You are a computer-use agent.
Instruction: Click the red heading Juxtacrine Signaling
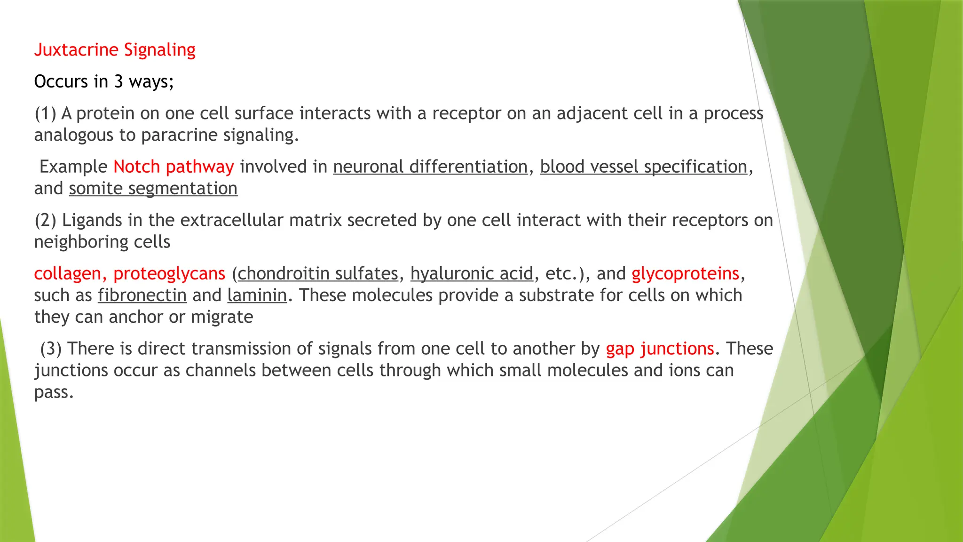[x=115, y=50]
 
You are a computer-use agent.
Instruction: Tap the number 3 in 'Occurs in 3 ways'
[x=118, y=82]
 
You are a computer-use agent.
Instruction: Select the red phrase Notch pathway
[x=174, y=167]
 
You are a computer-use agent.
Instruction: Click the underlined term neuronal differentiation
[x=430, y=167]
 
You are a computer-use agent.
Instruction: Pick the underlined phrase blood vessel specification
[x=643, y=167]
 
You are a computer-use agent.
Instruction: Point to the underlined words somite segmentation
[x=153, y=189]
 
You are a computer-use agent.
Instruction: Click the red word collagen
[x=67, y=274]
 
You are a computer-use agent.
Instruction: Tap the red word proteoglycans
[x=169, y=274]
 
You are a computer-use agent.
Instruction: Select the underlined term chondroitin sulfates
[x=318, y=274]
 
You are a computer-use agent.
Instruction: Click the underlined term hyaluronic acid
[x=472, y=274]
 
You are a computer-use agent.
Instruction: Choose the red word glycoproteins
[x=685, y=274]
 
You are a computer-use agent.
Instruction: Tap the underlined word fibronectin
[x=142, y=295]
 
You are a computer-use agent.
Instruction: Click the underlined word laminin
[x=257, y=295]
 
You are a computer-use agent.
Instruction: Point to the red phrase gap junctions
[x=660, y=349]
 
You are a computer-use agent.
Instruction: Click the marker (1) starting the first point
[x=45, y=114]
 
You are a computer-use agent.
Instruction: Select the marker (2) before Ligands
[x=45, y=221]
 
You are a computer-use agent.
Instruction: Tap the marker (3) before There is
[x=51, y=349]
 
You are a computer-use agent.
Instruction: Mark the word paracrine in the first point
[x=179, y=135]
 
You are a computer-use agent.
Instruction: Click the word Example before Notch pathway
[x=73, y=167]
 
